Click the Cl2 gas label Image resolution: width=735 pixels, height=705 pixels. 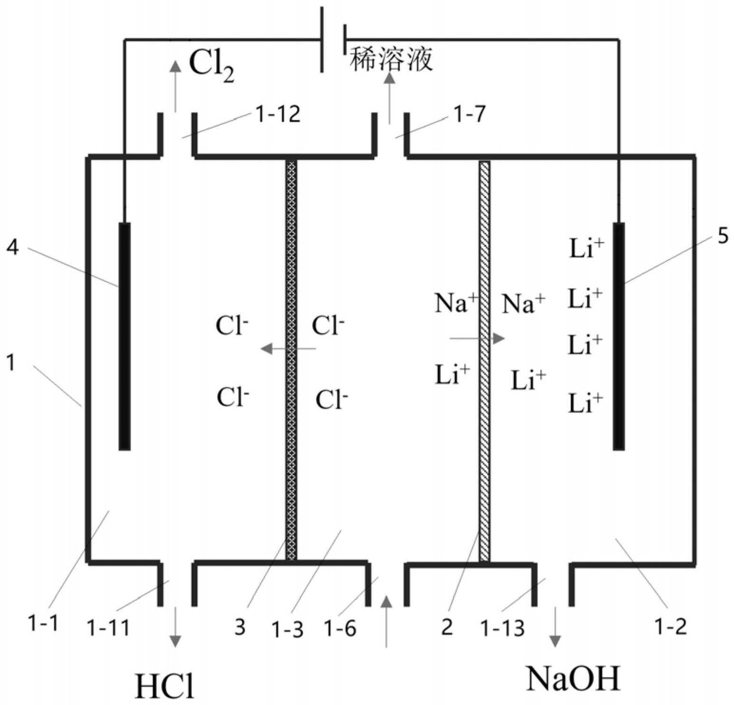point(211,66)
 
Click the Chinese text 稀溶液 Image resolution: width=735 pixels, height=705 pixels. point(391,60)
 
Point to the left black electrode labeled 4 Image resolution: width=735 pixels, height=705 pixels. point(124,335)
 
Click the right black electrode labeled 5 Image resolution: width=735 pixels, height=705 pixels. point(619,335)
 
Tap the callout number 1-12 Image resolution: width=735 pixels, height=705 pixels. point(278,114)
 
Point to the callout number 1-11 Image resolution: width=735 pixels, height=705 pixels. point(108,628)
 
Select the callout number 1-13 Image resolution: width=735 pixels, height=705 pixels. point(502,628)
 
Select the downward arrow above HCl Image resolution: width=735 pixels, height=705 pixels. point(175,627)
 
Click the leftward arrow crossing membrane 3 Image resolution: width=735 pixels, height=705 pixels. point(288,349)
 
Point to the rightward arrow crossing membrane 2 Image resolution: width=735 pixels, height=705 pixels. point(477,339)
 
